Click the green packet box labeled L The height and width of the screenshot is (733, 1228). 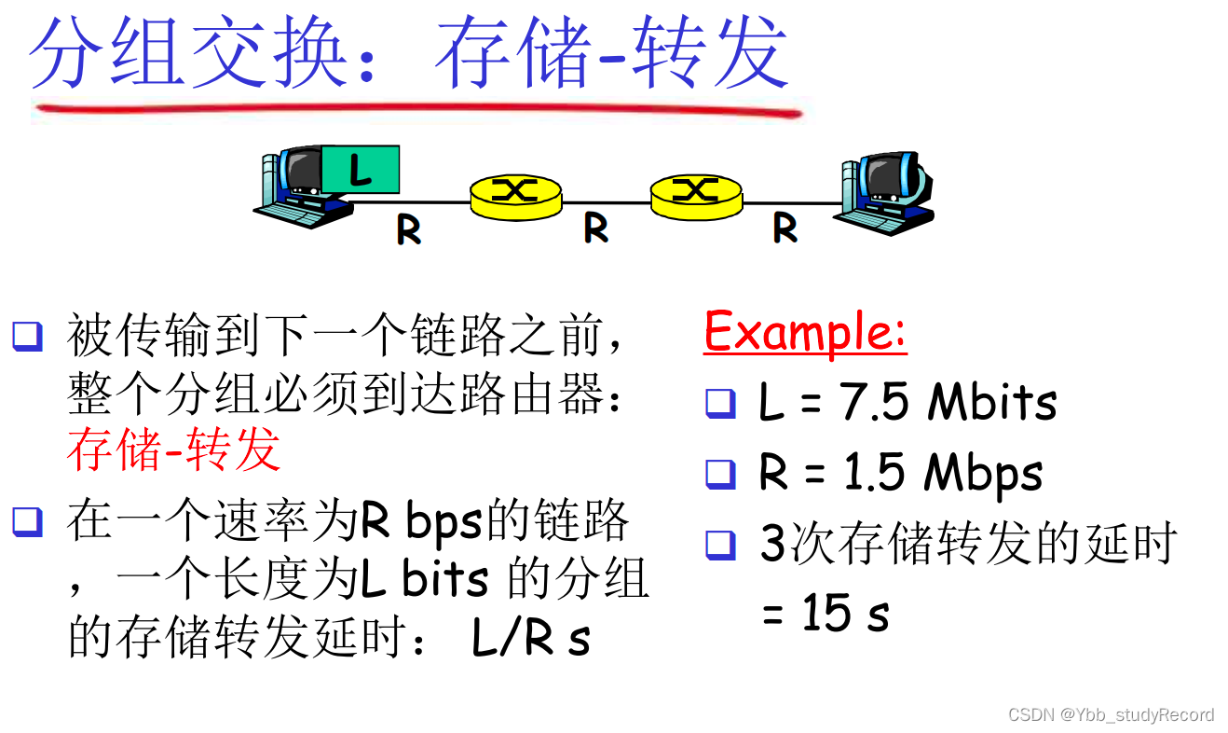coord(360,170)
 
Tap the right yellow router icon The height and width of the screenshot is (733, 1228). coord(696,191)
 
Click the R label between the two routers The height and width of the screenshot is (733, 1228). coord(596,228)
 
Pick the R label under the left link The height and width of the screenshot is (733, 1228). coord(408,228)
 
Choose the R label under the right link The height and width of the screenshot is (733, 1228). coord(785,228)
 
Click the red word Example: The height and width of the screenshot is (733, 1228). coord(805,331)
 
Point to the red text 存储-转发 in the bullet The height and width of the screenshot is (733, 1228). coord(173,450)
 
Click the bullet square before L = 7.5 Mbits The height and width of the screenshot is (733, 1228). coord(720,403)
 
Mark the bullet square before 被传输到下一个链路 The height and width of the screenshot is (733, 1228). coord(27,335)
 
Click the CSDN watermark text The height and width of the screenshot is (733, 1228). coord(1111,714)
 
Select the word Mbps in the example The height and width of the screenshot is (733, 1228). coord(983,474)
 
